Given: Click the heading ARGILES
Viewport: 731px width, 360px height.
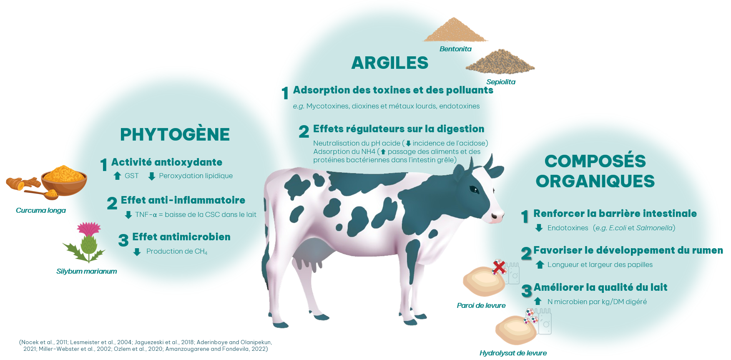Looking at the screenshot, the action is pos(390,63).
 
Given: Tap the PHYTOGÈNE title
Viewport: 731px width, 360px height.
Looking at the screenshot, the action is pos(175,134).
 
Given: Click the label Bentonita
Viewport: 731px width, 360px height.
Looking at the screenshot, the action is pos(455,49).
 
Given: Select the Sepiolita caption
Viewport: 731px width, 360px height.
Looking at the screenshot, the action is pos(501,82).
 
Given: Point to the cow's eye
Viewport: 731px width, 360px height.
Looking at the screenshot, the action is pos(474,190).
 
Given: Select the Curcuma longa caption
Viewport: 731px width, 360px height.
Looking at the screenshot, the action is pos(41,210).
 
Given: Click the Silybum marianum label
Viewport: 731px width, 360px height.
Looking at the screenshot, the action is pos(87,271).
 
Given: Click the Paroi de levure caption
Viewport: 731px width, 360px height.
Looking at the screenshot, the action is pos(481,305).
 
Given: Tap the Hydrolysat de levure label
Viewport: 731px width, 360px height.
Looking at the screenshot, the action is pos(513,353).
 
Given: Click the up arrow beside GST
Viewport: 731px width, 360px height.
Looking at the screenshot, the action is pos(117,176).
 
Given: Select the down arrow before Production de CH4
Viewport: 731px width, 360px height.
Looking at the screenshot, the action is pos(137,252).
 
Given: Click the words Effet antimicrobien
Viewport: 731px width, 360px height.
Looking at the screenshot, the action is pos(181,237).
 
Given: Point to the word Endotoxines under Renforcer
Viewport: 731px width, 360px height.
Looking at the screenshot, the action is pos(568,228).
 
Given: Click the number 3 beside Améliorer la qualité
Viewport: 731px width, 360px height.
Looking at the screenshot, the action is pos(527,291).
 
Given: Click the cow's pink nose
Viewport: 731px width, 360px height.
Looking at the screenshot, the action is pos(497,217).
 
